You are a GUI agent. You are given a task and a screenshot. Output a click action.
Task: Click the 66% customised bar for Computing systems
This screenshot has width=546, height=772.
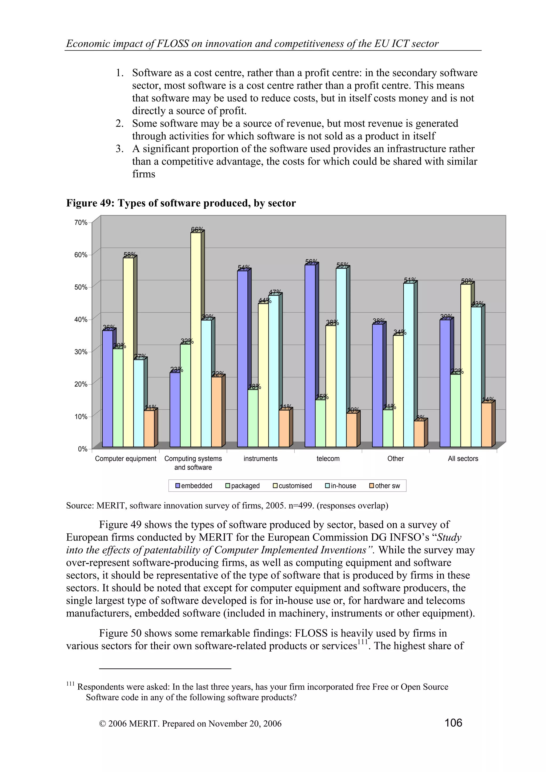click(196, 340)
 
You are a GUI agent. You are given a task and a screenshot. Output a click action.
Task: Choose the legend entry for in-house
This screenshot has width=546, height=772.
click(340, 486)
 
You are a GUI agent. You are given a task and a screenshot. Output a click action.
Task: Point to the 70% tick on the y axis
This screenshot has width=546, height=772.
click(81, 223)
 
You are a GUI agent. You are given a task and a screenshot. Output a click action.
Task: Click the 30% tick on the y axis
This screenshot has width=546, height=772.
click(81, 352)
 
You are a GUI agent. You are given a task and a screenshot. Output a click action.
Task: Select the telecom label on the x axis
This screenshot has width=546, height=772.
click(328, 459)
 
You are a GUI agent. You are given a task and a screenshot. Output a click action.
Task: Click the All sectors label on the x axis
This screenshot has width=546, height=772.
click(463, 459)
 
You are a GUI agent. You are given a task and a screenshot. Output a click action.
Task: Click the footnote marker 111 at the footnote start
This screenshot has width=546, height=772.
click(70, 684)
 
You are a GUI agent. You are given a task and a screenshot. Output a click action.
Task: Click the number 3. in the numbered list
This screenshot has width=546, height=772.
click(120, 149)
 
